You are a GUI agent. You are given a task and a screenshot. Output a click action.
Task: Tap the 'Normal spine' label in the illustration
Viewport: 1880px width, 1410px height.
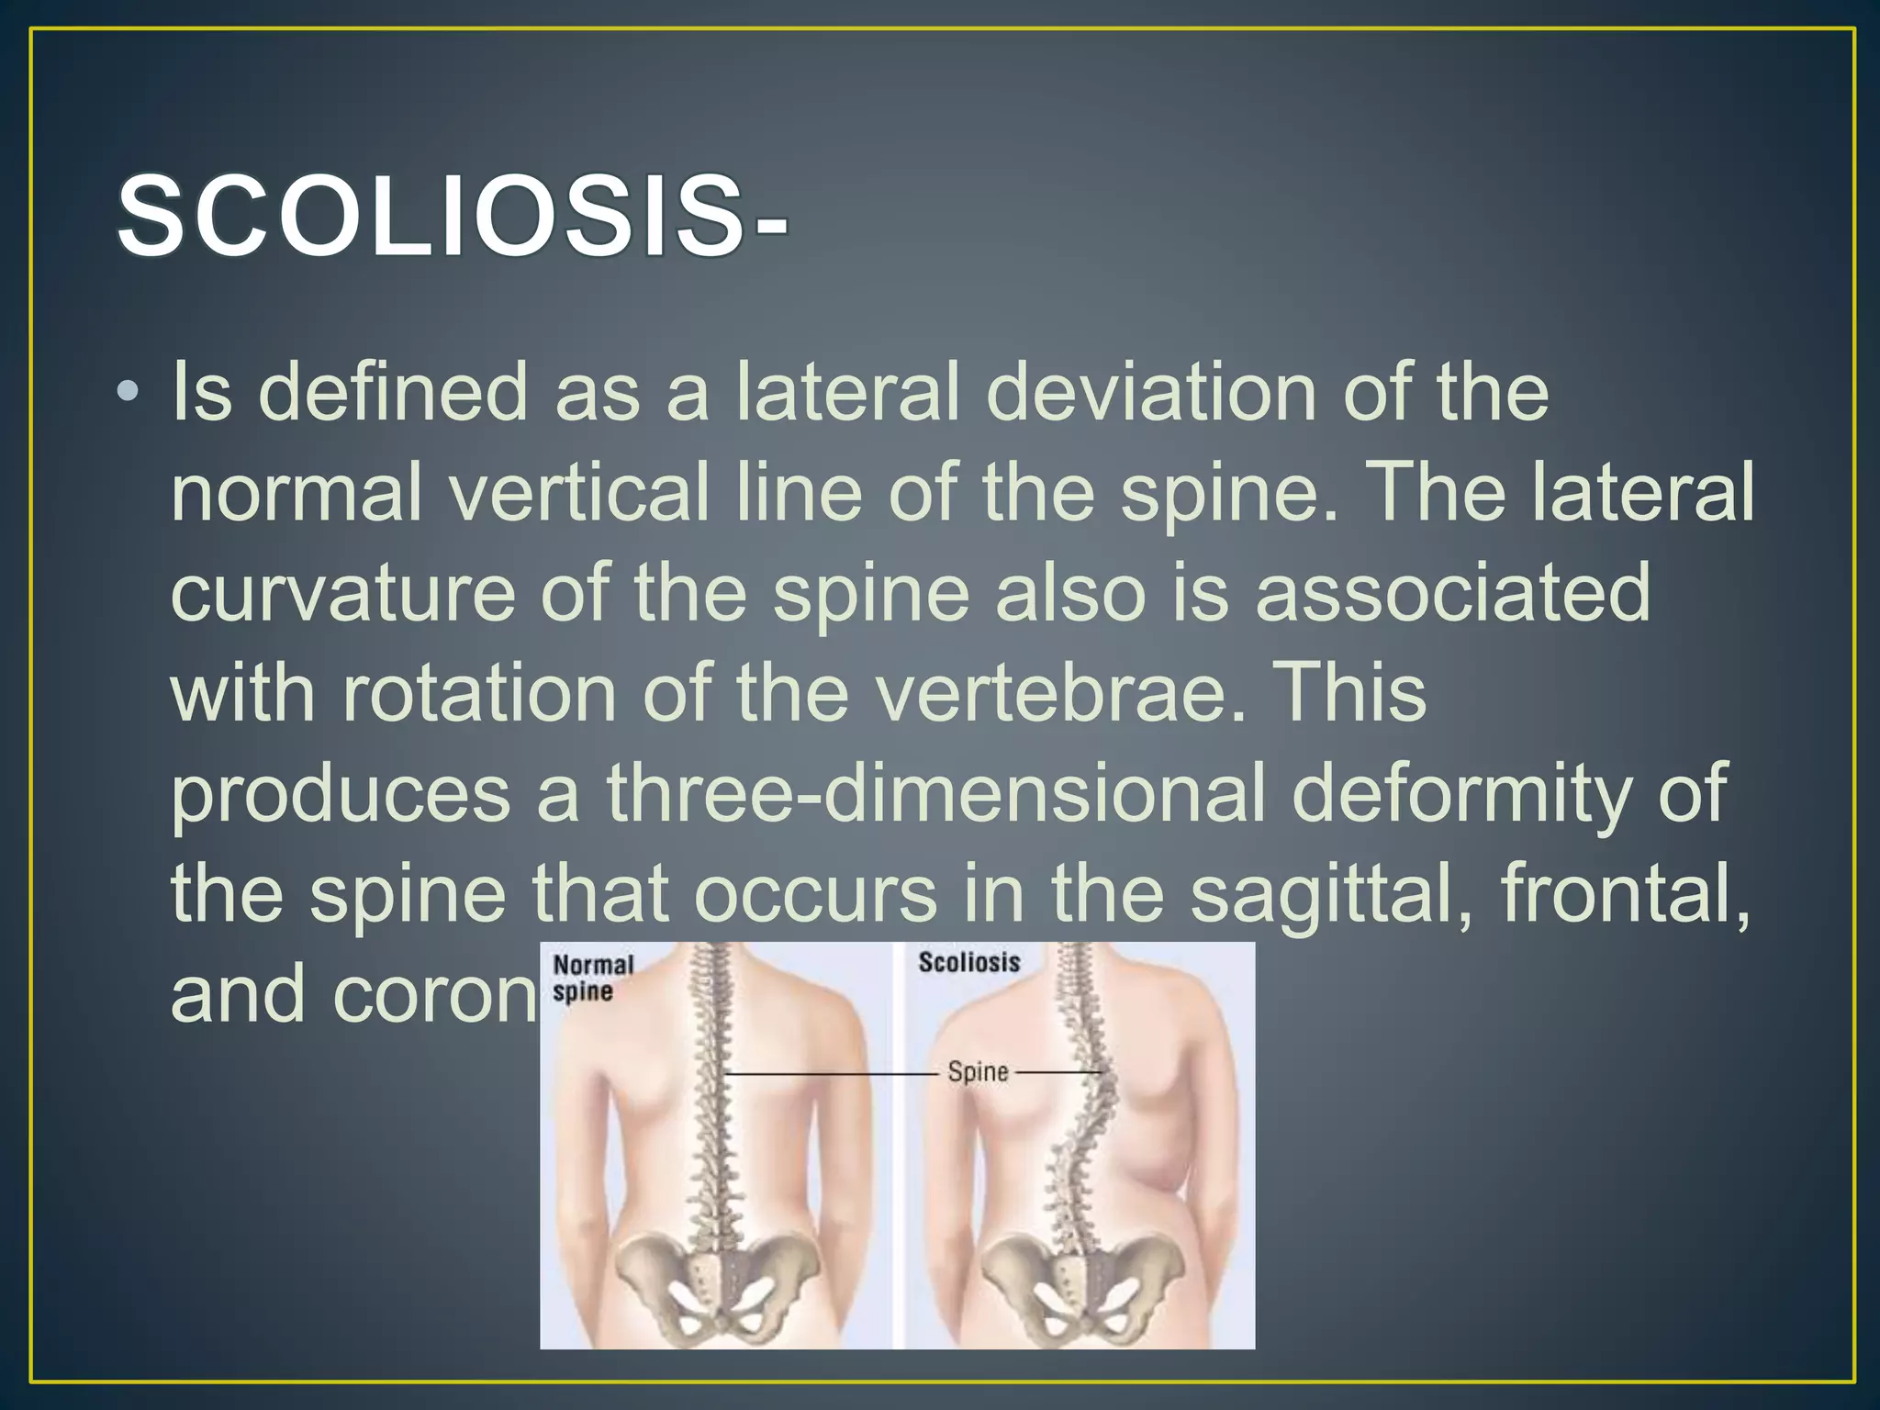tap(593, 978)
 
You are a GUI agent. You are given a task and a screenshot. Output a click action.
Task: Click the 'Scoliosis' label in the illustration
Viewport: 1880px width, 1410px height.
tap(969, 963)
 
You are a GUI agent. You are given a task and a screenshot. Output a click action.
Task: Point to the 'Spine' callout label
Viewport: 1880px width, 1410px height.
tap(978, 1072)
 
